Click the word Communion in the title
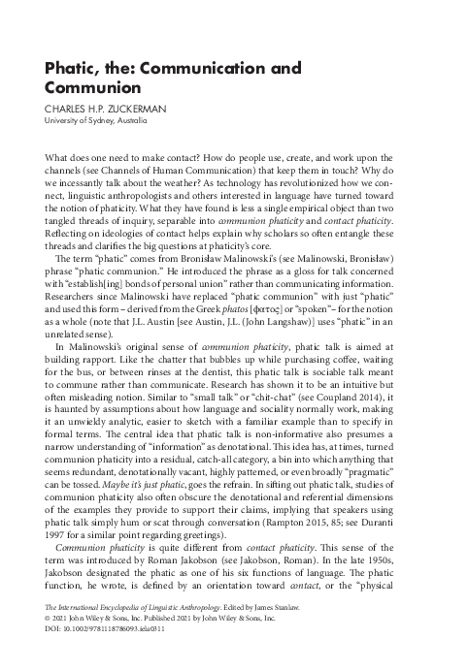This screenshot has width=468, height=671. coord(93,86)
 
